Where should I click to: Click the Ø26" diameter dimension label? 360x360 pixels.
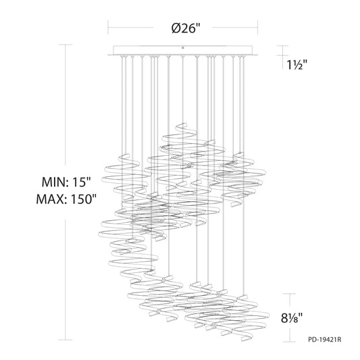186,28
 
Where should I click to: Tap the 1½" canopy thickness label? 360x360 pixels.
297,65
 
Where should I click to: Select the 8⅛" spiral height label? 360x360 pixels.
292,318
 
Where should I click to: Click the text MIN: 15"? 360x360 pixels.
67,182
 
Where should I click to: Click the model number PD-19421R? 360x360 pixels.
325,339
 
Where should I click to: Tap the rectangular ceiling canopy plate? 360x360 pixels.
183,51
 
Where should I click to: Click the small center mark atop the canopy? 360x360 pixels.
183,48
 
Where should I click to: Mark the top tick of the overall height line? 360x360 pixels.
66,45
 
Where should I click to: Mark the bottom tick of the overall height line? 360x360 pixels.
66,340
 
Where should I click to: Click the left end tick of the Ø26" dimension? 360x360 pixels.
108,27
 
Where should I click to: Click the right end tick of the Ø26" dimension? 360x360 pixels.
257,27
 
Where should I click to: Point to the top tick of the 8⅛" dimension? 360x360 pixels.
289,293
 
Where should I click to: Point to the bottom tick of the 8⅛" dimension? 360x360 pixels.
289,342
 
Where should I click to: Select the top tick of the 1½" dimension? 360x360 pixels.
282,46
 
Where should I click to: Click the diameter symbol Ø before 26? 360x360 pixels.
176,28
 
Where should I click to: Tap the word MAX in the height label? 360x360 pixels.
51,199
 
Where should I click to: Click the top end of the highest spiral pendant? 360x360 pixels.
183,124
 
